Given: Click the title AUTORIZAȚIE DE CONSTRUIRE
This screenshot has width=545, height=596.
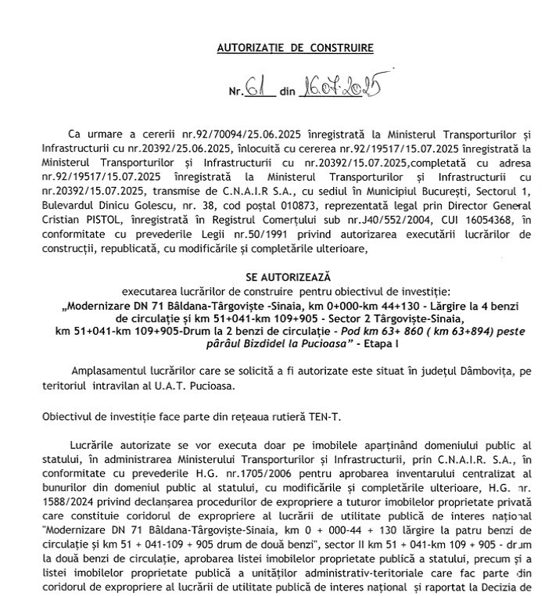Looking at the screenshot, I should coord(295,48).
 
